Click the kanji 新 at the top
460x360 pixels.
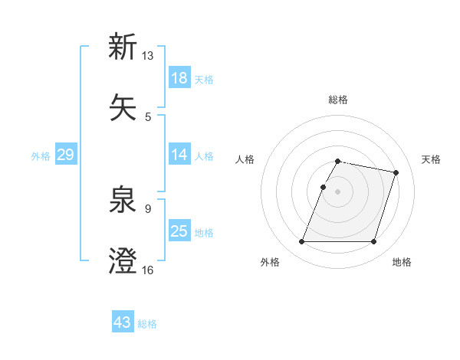[123, 47]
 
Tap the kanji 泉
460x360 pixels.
[123, 200]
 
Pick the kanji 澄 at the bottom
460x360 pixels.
[123, 261]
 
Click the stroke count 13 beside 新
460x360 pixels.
[148, 56]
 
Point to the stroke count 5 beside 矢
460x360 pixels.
[148, 117]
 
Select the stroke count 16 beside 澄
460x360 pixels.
[148, 270]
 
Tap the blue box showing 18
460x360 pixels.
[179, 78]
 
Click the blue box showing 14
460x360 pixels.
[179, 155]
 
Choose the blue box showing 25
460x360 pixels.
[179, 231]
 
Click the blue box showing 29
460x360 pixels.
[65, 155]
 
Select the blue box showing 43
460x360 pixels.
[123, 322]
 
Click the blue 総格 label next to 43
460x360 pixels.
[148, 324]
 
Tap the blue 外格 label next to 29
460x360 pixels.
[41, 156]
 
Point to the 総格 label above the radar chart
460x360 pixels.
[338, 100]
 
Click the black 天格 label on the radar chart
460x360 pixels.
[432, 159]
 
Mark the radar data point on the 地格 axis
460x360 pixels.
[373, 242]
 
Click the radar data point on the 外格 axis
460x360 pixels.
[302, 242]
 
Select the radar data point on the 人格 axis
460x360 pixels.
[323, 187]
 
